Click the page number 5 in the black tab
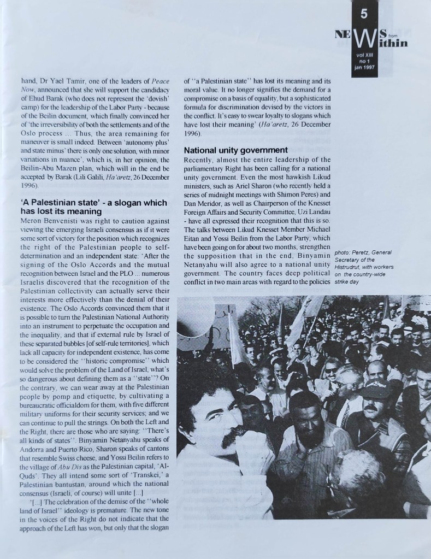(363, 13)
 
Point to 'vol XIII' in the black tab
(363, 56)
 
